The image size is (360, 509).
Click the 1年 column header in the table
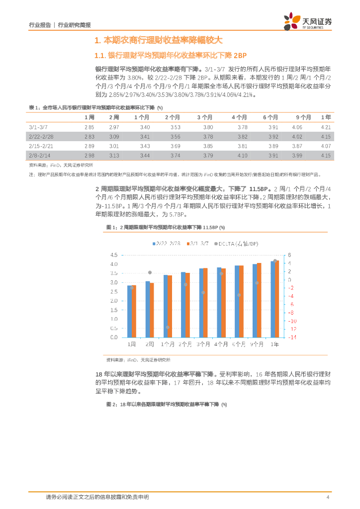coord(326,117)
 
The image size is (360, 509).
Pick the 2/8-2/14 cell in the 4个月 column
coord(242,156)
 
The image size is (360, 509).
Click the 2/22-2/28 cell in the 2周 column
coord(114,137)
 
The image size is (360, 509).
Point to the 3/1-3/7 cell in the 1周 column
coord(89,127)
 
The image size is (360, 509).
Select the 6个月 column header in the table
coord(270,117)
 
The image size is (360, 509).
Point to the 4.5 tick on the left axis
coord(114,255)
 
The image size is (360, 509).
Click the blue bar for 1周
coord(130,312)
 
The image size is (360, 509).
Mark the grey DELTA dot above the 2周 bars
coord(150,272)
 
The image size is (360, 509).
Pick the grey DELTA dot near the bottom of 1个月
coord(168,327)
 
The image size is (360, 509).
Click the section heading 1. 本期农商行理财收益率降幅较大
coord(158,40)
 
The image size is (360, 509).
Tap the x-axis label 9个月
coord(257,344)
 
